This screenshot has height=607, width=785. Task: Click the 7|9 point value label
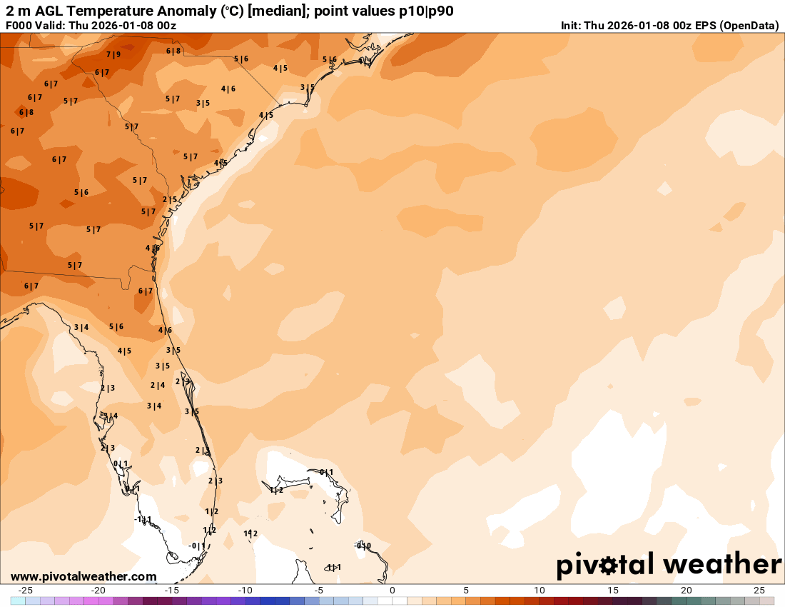[113, 54]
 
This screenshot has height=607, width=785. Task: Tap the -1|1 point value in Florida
[143, 519]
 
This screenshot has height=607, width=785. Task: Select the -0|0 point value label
[363, 546]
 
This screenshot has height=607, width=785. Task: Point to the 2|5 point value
[170, 199]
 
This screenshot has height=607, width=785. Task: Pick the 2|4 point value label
[158, 385]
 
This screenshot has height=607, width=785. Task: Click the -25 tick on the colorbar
[25, 590]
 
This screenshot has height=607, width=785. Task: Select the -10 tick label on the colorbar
[245, 590]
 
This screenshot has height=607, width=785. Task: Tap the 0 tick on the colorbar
[392, 590]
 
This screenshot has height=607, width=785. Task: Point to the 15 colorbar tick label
[613, 590]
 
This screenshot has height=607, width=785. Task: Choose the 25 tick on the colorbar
[759, 590]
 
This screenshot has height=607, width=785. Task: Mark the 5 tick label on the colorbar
[466, 590]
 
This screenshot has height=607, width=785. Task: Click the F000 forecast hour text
[19, 26]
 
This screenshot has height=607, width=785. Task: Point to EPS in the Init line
[703, 26]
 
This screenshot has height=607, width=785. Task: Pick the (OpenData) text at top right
[749, 26]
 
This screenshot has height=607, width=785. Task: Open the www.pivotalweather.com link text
[83, 576]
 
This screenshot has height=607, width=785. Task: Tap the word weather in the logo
[723, 564]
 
